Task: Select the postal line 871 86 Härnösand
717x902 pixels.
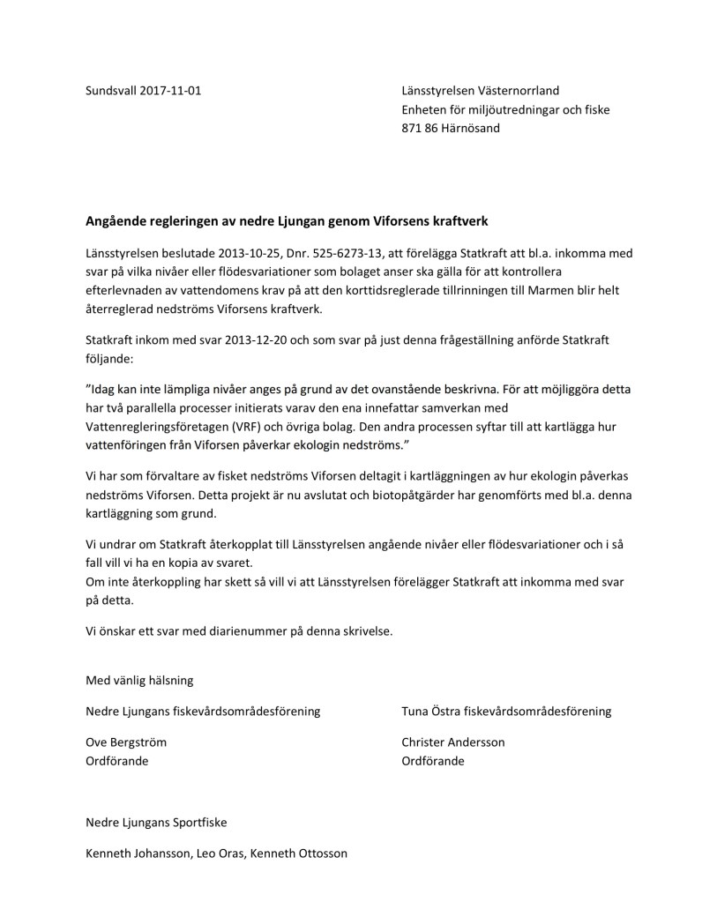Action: tap(450, 129)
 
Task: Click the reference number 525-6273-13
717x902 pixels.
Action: tap(341, 253)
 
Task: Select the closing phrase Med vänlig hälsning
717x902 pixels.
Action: tap(138, 681)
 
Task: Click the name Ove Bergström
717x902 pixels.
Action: tap(126, 742)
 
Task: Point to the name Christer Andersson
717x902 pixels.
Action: tap(453, 742)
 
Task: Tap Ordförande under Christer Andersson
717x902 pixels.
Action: tap(432, 761)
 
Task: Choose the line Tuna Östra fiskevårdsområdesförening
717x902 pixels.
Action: tap(506, 711)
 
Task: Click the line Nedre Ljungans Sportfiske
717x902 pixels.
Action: tap(156, 822)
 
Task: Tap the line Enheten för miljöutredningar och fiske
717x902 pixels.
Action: tap(505, 109)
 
